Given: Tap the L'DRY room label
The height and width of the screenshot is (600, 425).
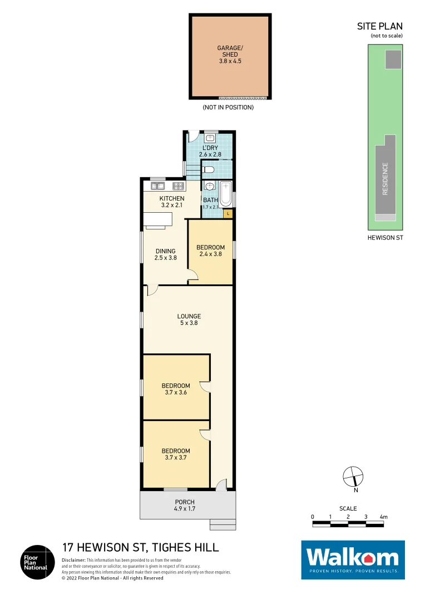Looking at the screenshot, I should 210,147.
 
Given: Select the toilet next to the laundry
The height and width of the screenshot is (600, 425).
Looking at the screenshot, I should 209,168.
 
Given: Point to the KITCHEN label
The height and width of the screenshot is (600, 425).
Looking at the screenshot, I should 171,198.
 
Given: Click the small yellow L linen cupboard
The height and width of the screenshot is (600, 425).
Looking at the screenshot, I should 228,213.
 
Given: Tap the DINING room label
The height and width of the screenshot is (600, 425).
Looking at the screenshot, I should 165,251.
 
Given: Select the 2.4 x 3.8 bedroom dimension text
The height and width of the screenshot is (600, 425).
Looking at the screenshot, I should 210,254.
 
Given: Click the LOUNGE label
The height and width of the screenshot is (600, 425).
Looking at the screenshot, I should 189,316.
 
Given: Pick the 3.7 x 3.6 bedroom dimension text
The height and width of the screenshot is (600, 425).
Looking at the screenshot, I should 176,392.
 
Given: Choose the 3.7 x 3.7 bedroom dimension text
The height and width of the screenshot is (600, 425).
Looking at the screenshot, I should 176,458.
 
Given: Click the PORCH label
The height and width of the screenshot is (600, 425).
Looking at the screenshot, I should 184,502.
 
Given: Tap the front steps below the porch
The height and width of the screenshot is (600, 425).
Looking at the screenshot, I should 223,524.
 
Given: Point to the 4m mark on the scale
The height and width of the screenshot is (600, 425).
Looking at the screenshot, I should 383,517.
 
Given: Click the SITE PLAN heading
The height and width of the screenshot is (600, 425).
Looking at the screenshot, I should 380,26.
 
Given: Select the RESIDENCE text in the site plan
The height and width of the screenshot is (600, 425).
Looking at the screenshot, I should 384,178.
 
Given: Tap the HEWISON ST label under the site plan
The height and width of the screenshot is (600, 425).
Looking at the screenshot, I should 385,237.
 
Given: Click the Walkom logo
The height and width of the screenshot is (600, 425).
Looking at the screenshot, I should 353,559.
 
